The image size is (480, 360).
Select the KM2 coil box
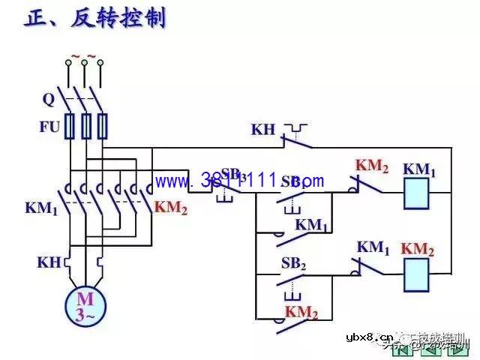tap(418, 274)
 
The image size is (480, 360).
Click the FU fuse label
tap(49, 127)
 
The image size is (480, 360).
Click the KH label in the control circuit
tap(263, 130)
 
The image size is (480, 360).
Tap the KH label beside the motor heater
tap(49, 262)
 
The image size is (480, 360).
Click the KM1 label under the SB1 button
tap(312, 225)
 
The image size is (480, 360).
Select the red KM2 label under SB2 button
tap(301, 312)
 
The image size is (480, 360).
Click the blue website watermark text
tap(240, 181)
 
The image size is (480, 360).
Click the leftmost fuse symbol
tap(70, 127)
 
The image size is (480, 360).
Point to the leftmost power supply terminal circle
tap(68, 64)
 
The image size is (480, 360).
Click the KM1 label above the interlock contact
tap(373, 247)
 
